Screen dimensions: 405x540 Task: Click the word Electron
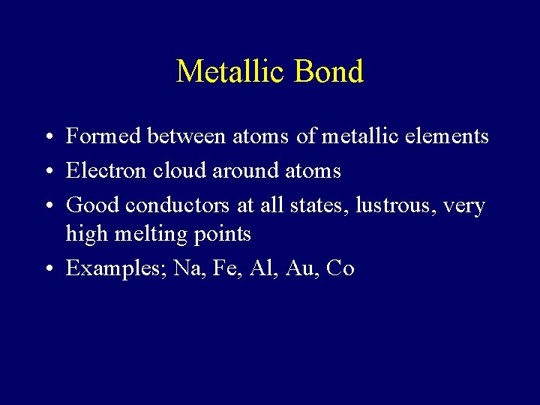tap(106, 171)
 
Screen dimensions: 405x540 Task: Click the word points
tap(223, 235)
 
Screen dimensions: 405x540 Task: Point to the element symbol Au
tap(302, 268)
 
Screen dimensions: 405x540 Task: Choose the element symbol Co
tap(340, 268)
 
